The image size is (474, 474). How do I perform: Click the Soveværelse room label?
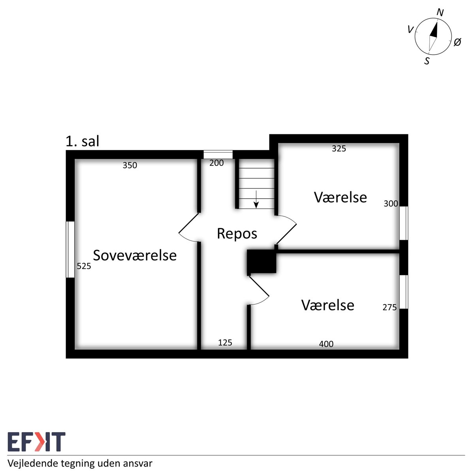(x=135, y=255)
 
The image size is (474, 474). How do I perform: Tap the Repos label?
(x=237, y=234)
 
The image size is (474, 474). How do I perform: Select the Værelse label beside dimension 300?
(x=340, y=197)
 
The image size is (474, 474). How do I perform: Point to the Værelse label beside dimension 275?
(x=327, y=305)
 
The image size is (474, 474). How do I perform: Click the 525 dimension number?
(x=84, y=266)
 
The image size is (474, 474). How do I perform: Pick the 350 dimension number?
(x=130, y=165)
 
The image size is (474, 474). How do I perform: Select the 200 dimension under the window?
(x=216, y=163)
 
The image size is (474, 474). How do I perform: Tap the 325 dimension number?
(x=339, y=149)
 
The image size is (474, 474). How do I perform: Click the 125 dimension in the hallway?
(x=225, y=342)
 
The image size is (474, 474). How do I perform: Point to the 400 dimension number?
(x=326, y=344)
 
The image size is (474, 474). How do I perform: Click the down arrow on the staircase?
(x=256, y=199)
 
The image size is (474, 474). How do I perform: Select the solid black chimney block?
(x=261, y=261)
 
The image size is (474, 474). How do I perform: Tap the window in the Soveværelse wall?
(x=70, y=249)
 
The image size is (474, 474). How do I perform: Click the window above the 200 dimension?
(x=218, y=155)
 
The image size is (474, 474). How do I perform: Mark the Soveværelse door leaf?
(x=188, y=223)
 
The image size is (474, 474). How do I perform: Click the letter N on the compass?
(x=440, y=12)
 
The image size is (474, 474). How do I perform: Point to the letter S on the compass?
(x=427, y=61)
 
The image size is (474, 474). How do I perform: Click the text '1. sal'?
(x=83, y=141)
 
